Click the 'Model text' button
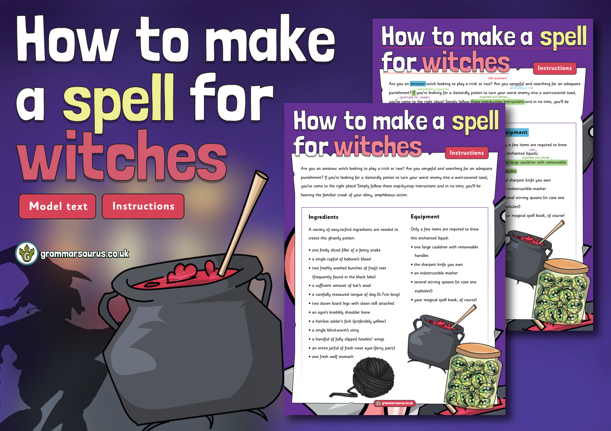pos(57,206)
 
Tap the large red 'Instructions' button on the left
pos(143,206)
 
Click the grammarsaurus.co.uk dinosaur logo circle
pos(26,253)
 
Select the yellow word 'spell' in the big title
pos(118,98)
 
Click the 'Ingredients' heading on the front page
pos(323,217)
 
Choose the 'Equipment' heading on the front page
pos(425,216)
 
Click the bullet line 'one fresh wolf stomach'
pos(332,356)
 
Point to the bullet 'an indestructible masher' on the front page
pos(435,273)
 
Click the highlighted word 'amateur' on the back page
pos(418,84)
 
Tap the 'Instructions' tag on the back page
pos(554,68)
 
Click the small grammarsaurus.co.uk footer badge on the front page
pos(395,403)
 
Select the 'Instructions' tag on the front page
pos(467,153)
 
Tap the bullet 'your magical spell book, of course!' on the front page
pos(445,300)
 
